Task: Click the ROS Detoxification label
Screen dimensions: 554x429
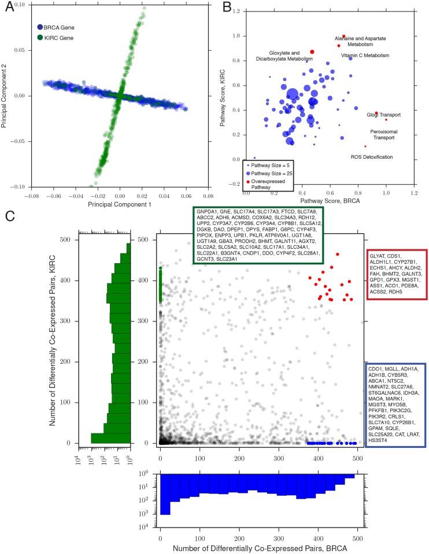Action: click(x=371, y=157)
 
